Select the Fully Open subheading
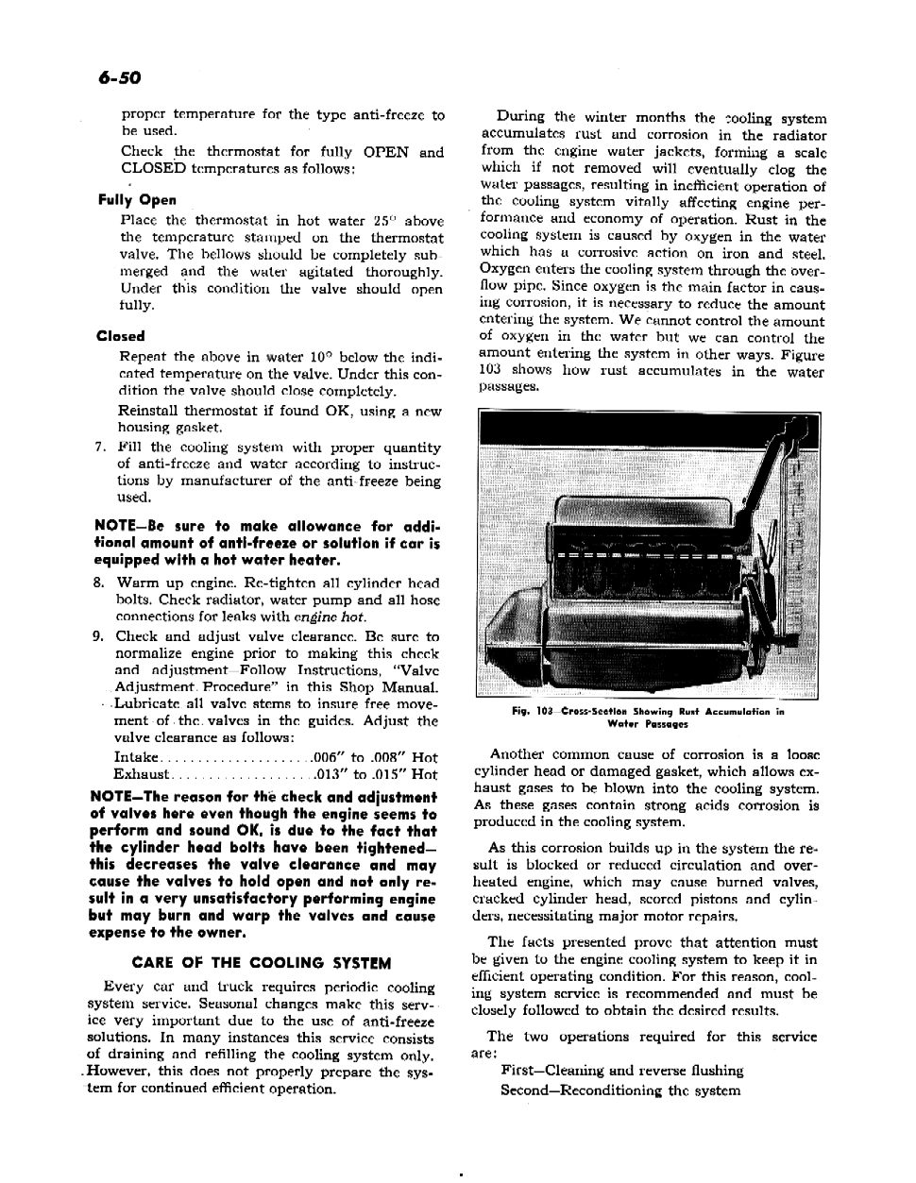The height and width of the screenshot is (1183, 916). coord(137,200)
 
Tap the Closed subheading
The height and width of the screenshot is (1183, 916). coord(120,336)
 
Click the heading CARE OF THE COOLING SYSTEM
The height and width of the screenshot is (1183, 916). coord(262,963)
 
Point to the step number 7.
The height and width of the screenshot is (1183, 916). coord(99,448)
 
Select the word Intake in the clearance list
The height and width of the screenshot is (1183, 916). coord(136,757)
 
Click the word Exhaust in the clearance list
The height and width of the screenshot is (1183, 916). coord(140,774)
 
